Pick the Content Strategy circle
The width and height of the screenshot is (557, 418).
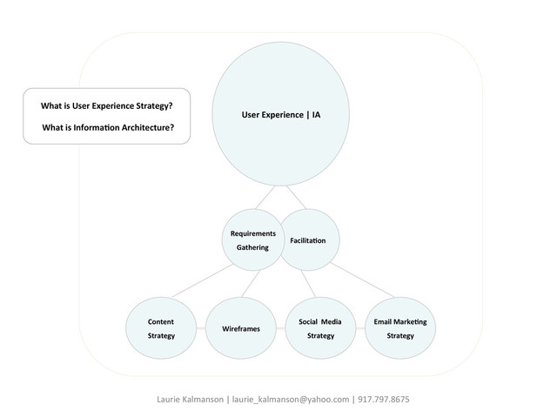tap(161, 328)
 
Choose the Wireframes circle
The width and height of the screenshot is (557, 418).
tap(240, 328)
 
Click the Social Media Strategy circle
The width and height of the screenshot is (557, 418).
tap(320, 328)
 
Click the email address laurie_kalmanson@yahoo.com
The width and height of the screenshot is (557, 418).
tap(290, 400)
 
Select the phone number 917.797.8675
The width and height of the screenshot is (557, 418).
tap(384, 400)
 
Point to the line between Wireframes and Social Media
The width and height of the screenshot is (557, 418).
tap(280, 329)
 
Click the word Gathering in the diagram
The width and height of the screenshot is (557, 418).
tap(252, 248)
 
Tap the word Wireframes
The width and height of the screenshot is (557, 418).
tap(241, 329)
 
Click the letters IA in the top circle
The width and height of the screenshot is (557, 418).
tap(317, 114)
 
